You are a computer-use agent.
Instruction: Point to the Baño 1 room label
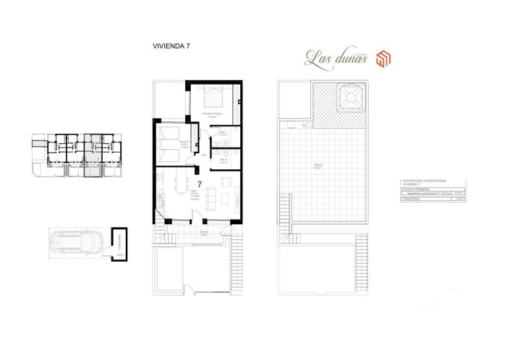pos(224,133)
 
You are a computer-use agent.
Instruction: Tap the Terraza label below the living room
pos(205,233)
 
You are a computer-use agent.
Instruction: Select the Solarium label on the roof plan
pos(318,166)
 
